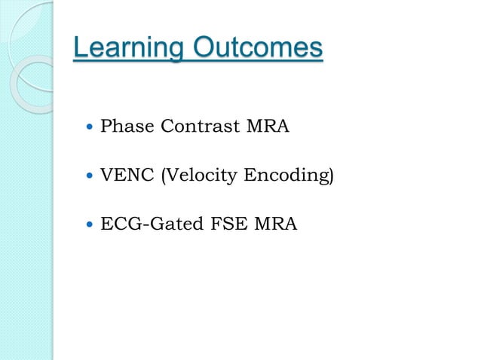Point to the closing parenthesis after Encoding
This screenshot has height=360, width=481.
tap(330, 176)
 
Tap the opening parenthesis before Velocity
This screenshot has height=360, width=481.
tap(159, 176)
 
